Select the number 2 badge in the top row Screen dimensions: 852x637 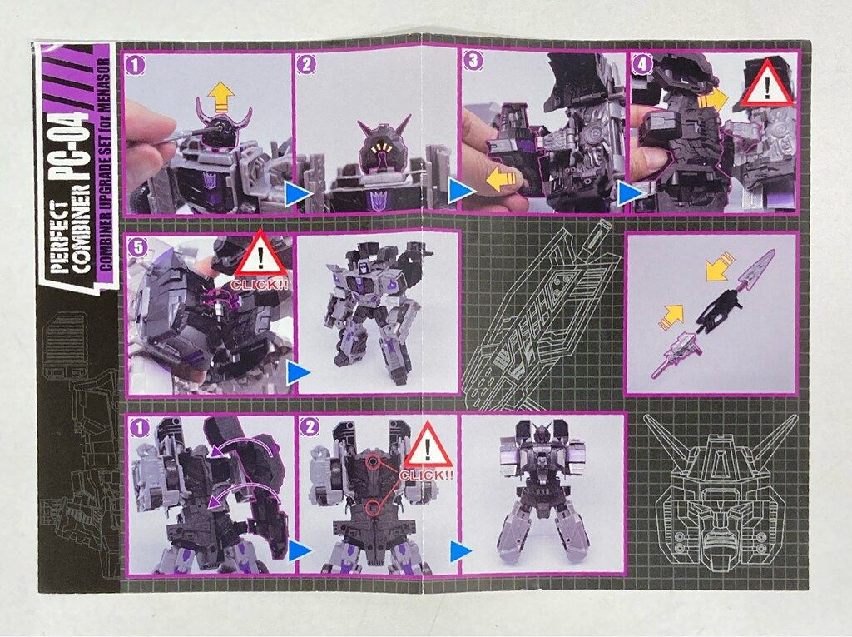coord(306,65)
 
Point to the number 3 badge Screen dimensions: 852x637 coord(473,61)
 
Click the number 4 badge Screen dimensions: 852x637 coord(643,63)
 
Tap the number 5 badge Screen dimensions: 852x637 coord(139,247)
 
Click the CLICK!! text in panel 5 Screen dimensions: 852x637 coord(260,284)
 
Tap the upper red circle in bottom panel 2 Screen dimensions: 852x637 coord(374,462)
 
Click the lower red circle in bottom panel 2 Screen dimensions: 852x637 coord(372,508)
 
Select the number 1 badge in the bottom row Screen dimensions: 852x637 coord(140,429)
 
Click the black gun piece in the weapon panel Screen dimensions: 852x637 coord(716,308)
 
